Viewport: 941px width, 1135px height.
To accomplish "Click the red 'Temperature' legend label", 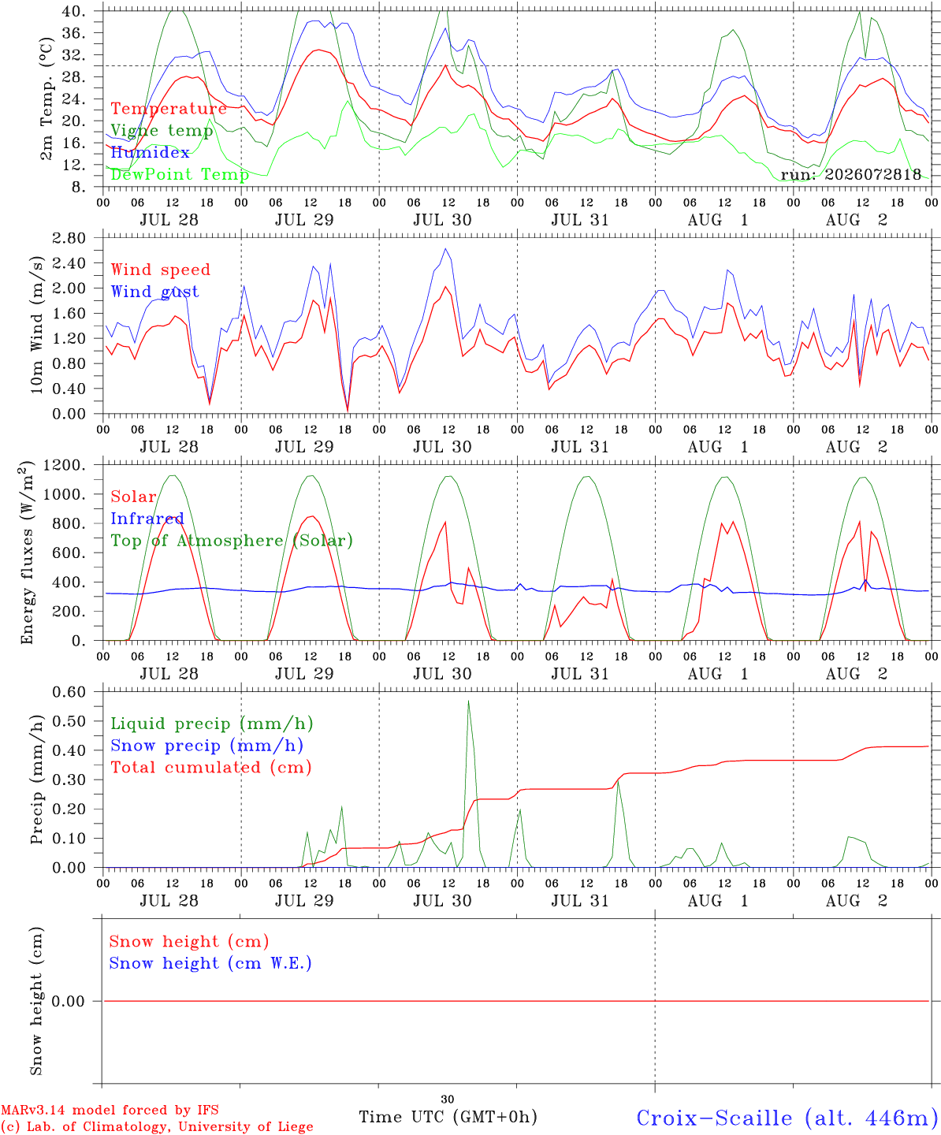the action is click(x=169, y=109).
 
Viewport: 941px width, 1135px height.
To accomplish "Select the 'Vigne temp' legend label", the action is click(x=162, y=131).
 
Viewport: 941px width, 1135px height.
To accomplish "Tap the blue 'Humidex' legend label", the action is click(x=150, y=152).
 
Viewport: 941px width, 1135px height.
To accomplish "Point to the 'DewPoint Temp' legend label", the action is click(x=180, y=174).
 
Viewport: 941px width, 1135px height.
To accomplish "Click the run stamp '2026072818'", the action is click(x=872, y=174).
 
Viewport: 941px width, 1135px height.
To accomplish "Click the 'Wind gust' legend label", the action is click(x=155, y=292).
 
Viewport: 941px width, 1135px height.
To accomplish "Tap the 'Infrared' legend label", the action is click(x=147, y=519).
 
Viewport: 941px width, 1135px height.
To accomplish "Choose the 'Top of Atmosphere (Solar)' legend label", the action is click(x=232, y=541).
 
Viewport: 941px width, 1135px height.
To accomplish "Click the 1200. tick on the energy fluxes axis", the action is click(x=65, y=465).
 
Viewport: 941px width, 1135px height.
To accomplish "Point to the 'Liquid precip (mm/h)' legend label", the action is click(x=212, y=724).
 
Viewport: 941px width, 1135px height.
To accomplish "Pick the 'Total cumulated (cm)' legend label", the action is click(x=211, y=768).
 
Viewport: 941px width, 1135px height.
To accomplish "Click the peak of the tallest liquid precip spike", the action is click(x=468, y=701).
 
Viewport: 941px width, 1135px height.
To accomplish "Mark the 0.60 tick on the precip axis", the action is click(x=69, y=692).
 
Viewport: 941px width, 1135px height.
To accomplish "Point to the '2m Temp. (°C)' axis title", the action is click(x=46, y=99).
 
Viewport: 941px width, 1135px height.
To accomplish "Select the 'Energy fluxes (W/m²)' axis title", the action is click(x=27, y=553).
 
